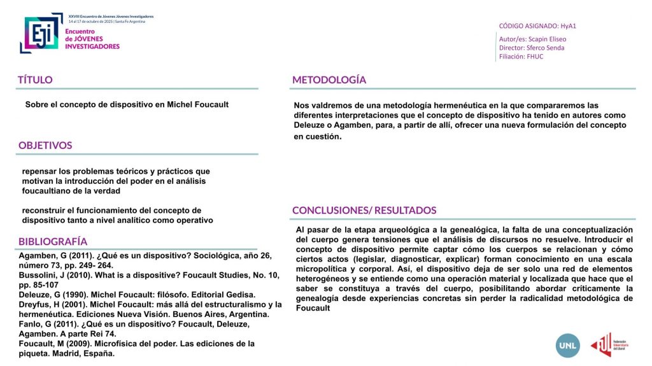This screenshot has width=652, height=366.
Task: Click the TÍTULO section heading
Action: click(35, 80)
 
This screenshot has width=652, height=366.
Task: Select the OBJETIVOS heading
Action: click(45, 145)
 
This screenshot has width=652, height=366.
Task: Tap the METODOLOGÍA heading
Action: click(329, 80)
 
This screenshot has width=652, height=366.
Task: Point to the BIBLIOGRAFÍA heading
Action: click(53, 242)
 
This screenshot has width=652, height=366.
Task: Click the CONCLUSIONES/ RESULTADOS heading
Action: click(364, 211)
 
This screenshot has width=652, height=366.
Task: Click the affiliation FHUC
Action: click(535, 57)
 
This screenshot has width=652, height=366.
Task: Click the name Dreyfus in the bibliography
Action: click(36, 304)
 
